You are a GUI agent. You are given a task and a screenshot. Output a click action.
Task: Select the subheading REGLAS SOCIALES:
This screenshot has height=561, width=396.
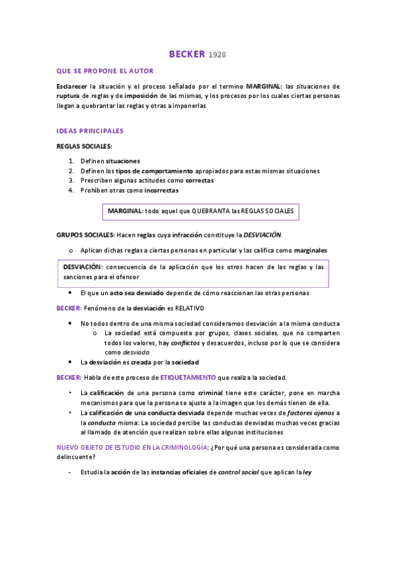point(84,146)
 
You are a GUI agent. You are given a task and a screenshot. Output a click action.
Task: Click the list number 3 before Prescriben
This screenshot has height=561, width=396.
point(71,181)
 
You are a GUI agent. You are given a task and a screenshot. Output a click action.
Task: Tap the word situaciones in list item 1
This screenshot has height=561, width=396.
point(123,161)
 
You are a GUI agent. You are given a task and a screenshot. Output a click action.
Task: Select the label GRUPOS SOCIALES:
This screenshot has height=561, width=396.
point(85,234)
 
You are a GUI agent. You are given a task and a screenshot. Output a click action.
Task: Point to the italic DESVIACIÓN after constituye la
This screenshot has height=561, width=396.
point(262,234)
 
